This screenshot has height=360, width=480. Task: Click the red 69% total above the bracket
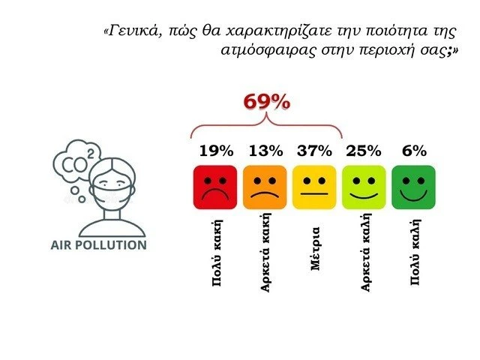pos(266,103)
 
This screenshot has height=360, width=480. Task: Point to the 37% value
pos(313,151)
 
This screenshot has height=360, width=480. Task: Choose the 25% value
pos(364,151)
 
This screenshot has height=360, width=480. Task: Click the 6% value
pos(414,151)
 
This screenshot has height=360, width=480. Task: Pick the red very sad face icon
pos(215,187)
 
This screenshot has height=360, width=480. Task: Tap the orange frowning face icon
pos(265,187)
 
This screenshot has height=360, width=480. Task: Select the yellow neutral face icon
pos(314,187)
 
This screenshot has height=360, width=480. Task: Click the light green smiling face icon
pos(364,187)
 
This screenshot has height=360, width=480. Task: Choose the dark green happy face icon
pos(413,187)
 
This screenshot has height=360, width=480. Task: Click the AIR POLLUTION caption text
pos(98,245)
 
